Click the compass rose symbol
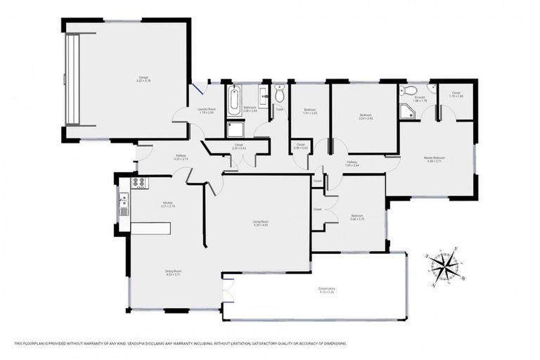tap(442, 267)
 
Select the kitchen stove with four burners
tap(139, 182)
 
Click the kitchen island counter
tap(150, 229)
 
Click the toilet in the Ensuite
tap(410, 91)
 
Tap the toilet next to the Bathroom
tap(280, 94)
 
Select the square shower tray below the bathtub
tap(234, 128)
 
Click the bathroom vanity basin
tap(262, 96)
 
